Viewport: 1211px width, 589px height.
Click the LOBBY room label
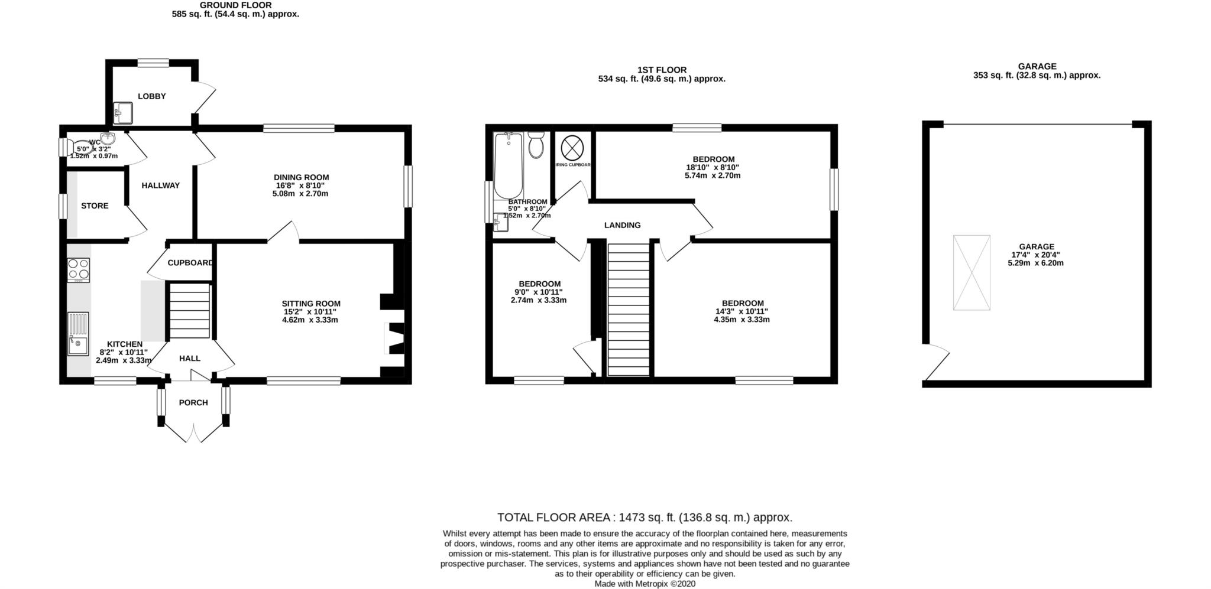[x=152, y=96]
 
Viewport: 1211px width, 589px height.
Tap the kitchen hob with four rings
[x=78, y=270]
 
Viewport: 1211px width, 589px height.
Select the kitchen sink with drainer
[x=78, y=334]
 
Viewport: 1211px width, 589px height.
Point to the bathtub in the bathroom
[x=508, y=165]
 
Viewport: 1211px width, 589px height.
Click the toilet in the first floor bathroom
[x=536, y=145]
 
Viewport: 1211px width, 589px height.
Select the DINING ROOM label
[x=301, y=177]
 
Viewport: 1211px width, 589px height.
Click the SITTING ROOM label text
[x=311, y=304]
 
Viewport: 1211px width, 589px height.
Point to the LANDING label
[x=622, y=225]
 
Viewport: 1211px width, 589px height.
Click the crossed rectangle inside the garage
[x=971, y=272]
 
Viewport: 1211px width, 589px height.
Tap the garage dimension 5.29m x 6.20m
[x=1035, y=263]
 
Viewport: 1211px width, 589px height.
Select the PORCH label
[x=193, y=403]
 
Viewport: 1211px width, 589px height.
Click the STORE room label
[x=95, y=206]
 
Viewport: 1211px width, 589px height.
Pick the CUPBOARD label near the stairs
[x=190, y=263]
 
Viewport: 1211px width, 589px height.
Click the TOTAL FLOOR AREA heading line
[x=645, y=518]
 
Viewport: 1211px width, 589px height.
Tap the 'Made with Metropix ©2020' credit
[x=645, y=584]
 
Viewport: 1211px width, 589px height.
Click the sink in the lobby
[x=124, y=112]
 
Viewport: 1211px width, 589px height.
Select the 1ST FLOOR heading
[x=662, y=70]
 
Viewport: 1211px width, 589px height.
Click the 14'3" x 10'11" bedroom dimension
[x=742, y=311]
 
